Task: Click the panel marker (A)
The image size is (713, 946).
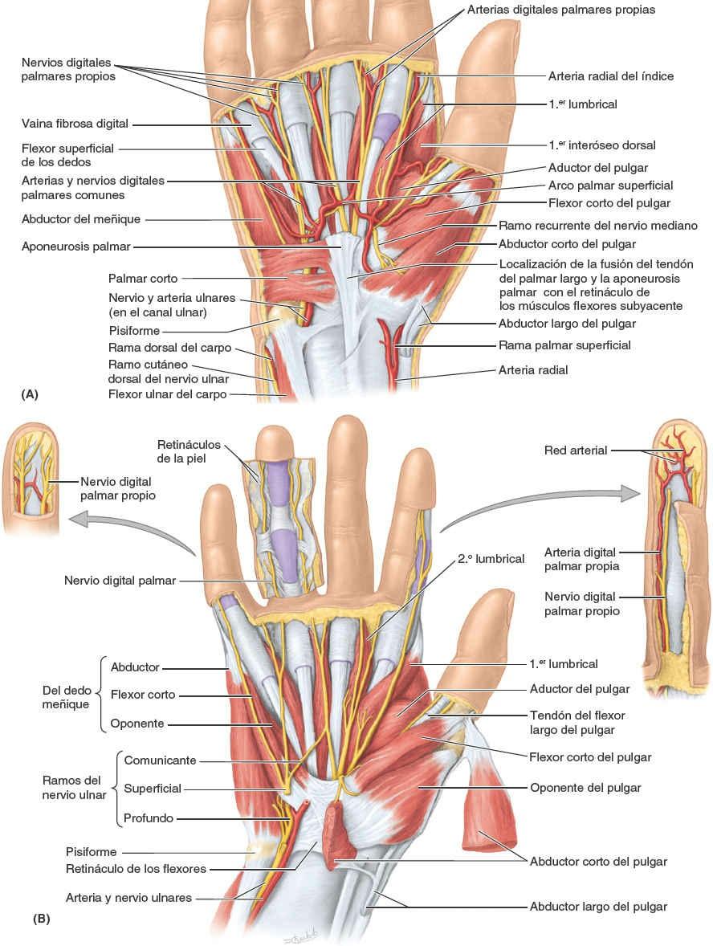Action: coord(31,394)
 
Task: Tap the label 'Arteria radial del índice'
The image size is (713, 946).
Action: coord(610,76)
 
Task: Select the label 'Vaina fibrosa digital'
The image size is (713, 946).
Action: coord(75,124)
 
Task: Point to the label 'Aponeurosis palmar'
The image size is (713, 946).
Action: coord(76,247)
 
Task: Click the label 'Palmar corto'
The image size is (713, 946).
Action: coord(143,279)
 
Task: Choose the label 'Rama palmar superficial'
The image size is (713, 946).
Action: coord(564,345)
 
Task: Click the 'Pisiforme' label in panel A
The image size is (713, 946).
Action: coord(136,330)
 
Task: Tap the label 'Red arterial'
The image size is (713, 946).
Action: coord(577,451)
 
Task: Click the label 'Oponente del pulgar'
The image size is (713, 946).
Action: coord(585,787)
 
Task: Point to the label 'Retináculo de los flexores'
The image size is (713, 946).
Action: coord(136,868)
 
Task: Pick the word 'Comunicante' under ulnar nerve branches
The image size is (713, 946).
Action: coord(160,760)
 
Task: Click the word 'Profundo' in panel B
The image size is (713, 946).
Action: coord(149,818)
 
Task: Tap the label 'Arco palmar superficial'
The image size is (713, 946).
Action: coord(610,186)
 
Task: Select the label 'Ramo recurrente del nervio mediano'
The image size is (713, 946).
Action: coord(598,225)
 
